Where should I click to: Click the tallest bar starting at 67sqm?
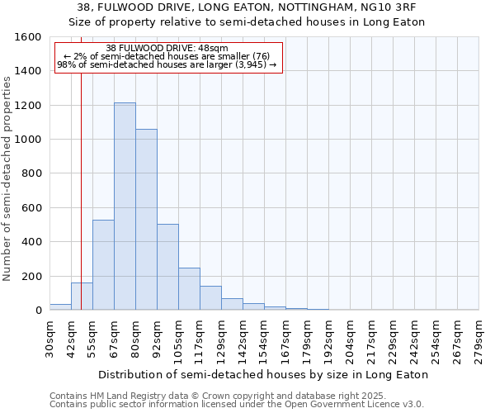click(x=125, y=206)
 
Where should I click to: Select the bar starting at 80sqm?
click(x=146, y=220)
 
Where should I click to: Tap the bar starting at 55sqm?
click(x=103, y=264)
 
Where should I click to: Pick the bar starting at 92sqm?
click(x=167, y=267)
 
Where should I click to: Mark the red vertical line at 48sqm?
click(x=81, y=182)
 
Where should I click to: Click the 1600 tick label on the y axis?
click(x=28, y=37)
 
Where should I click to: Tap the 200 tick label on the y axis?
click(x=31, y=276)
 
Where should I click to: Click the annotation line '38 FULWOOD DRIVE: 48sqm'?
click(x=168, y=49)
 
